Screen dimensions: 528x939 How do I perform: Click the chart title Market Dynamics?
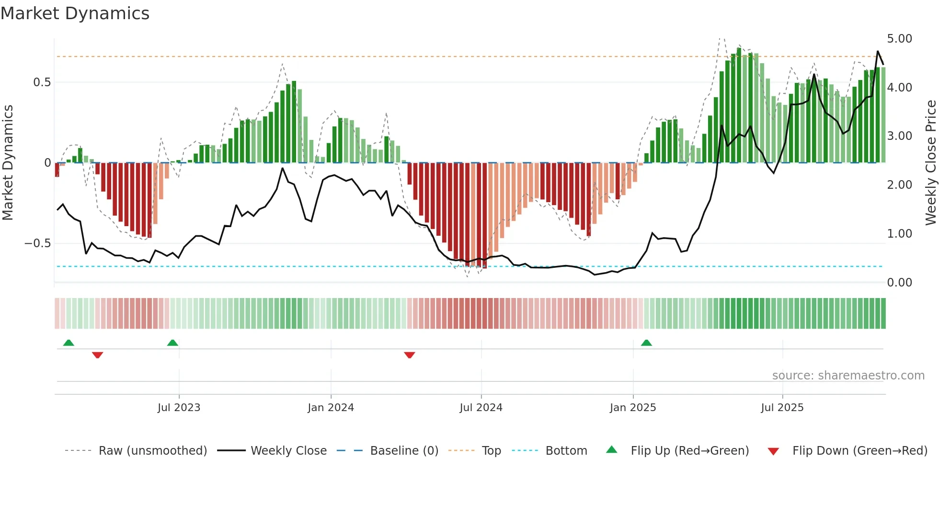point(75,13)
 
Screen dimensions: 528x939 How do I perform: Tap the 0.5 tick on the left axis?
point(42,82)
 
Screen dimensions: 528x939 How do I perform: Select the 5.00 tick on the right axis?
point(899,39)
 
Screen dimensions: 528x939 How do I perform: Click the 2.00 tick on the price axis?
point(899,185)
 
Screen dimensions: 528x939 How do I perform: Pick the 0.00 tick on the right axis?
point(899,283)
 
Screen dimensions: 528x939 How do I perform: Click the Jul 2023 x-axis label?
point(179,408)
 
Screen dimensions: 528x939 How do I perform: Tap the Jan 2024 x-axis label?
point(331,408)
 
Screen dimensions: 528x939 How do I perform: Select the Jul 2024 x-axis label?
point(481,408)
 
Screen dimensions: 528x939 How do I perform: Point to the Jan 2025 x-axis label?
point(633,408)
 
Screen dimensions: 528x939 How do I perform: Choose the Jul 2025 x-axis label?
point(782,408)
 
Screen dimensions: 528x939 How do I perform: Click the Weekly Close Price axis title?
point(930,163)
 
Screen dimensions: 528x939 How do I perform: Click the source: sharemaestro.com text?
point(848,376)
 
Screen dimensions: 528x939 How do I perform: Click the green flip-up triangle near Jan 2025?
point(646,343)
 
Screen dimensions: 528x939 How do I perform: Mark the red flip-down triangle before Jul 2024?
point(409,355)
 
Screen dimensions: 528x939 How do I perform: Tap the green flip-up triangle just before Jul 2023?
point(172,343)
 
